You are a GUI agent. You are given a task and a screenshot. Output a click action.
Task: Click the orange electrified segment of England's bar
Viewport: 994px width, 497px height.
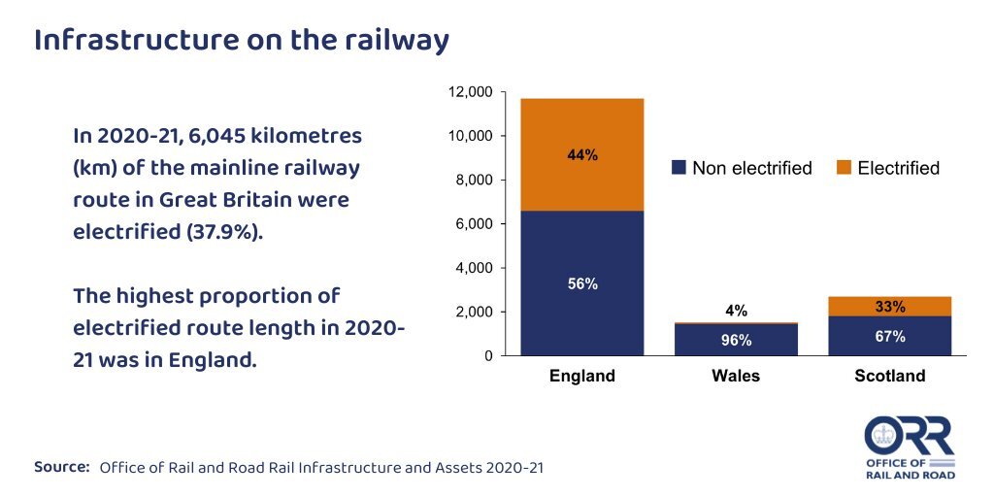582,184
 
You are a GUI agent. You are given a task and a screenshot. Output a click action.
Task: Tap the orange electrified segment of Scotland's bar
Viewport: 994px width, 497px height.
889,307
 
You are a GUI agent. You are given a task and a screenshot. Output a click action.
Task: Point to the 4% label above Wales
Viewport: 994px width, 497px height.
736,312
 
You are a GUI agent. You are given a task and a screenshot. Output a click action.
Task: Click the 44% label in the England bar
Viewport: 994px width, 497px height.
582,155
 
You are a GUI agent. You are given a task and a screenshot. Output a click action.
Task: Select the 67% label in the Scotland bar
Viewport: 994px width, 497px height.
889,337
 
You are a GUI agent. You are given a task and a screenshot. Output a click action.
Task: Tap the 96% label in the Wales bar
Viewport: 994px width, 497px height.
736,341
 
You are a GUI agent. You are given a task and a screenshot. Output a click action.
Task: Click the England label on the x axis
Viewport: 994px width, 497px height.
582,376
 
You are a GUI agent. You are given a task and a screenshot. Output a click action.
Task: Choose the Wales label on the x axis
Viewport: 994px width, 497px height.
736,376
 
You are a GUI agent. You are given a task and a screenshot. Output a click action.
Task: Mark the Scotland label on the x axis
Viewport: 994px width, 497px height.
889,376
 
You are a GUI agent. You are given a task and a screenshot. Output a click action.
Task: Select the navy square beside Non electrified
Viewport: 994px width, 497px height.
679,168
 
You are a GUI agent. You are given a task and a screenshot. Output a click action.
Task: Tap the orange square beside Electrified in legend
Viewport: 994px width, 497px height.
844,168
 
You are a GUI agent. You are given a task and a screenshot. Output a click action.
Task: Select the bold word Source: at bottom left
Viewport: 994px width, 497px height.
62,467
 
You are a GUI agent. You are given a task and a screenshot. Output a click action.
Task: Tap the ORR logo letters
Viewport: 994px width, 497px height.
910,438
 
